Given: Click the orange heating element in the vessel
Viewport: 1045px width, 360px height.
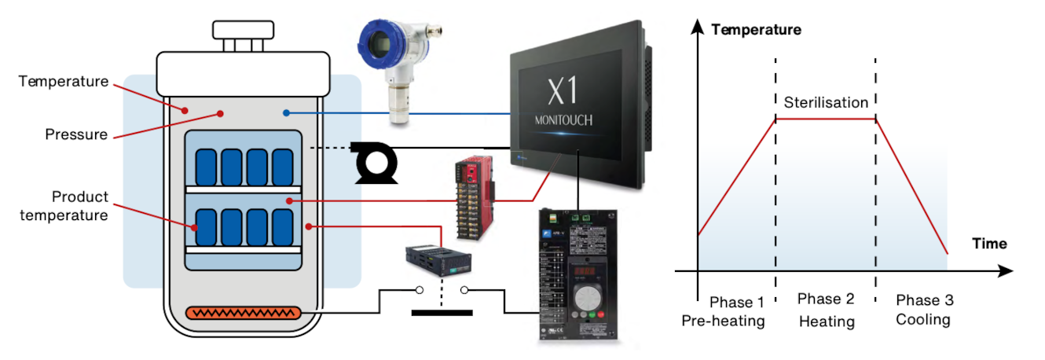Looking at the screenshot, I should click(x=243, y=313).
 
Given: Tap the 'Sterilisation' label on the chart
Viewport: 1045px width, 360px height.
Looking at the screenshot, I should click(x=825, y=102).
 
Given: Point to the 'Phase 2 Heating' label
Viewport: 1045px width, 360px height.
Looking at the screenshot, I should click(x=826, y=310).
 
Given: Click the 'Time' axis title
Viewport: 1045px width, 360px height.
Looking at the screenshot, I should click(x=989, y=244).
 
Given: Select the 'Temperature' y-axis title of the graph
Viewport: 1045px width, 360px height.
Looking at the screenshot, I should click(x=755, y=30).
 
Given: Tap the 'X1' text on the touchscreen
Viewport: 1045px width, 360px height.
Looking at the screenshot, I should click(x=562, y=91).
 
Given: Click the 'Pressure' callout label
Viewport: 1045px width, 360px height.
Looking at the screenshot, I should click(x=75, y=134).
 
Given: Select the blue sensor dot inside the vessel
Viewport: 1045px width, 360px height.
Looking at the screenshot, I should click(x=287, y=113).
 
